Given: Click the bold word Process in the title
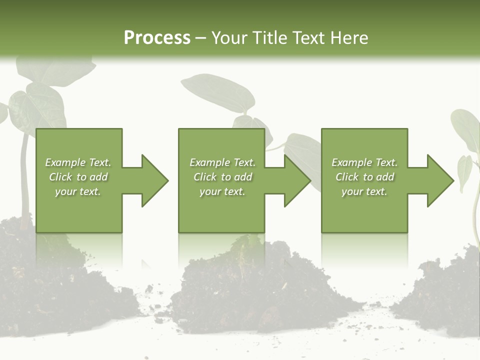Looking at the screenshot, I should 157,37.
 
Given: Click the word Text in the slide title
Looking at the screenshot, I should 308,37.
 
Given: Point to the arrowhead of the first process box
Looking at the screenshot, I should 155,180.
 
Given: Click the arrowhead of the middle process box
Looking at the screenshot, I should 298,180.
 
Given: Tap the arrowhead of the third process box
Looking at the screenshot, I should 440,180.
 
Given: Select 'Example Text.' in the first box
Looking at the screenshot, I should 78,162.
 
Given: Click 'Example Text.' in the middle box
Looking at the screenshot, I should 222,162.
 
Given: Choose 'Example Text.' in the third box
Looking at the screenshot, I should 364,162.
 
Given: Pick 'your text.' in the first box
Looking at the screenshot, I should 78,191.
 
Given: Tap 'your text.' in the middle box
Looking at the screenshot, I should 222,191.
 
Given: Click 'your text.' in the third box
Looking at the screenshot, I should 364,191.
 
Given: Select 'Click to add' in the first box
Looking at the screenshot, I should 78,177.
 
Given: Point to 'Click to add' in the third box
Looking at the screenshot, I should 364,177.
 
